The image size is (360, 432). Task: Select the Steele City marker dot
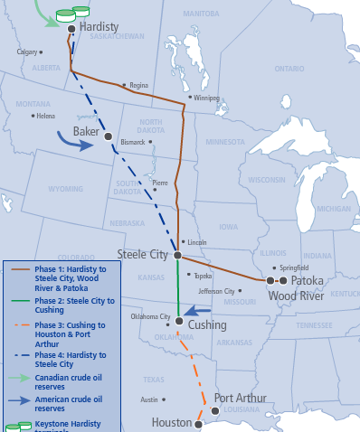(x=177, y=257)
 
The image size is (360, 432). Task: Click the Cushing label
(x=208, y=324)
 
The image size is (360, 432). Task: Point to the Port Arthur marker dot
(x=214, y=410)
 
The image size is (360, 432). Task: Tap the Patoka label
(x=307, y=281)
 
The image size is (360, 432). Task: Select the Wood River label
(x=296, y=296)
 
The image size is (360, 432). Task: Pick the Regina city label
(x=138, y=86)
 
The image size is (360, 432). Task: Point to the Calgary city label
(x=27, y=52)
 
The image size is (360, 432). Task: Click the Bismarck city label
(x=132, y=143)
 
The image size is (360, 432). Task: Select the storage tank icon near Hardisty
(x=66, y=15)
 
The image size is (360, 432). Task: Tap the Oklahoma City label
(x=151, y=317)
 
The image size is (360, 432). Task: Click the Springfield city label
(x=294, y=268)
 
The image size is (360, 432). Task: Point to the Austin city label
(x=149, y=399)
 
